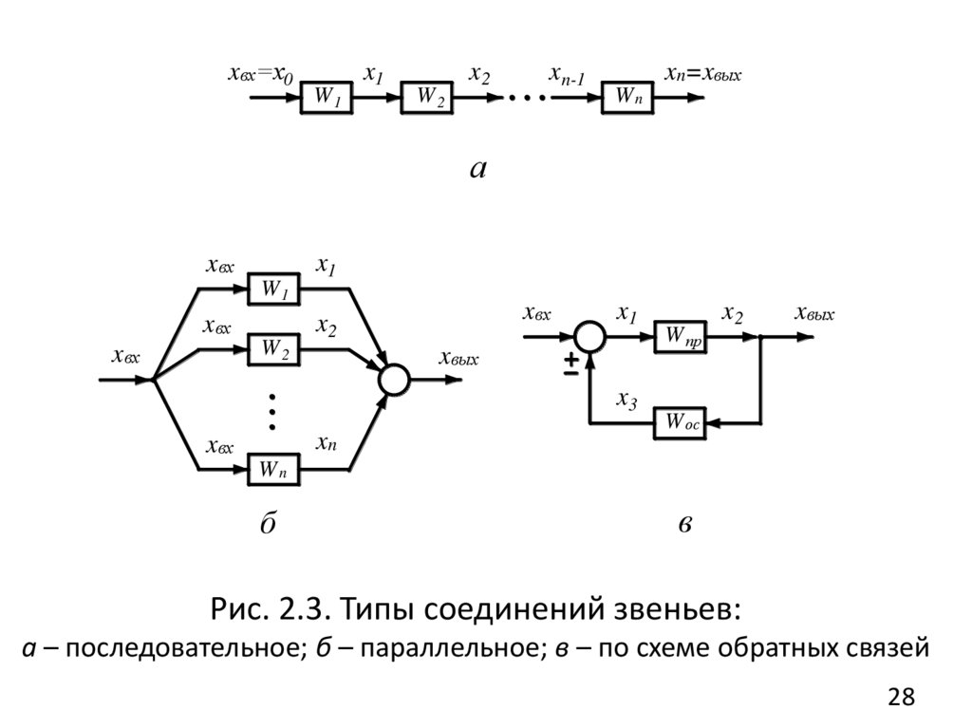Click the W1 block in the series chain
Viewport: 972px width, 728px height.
click(x=327, y=98)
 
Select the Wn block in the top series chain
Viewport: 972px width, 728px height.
click(x=627, y=98)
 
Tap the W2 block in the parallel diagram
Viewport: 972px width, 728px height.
click(x=273, y=349)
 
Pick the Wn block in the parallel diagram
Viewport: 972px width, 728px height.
click(x=273, y=468)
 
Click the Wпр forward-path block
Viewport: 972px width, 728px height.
click(x=681, y=336)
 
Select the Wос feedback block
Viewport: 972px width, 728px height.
click(x=681, y=422)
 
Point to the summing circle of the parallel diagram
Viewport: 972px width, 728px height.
click(x=394, y=380)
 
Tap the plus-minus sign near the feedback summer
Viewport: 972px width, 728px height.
click(x=570, y=366)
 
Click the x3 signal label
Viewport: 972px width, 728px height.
click(x=626, y=399)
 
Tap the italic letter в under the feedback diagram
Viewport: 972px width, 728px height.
click(x=684, y=525)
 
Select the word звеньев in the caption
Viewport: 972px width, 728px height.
click(x=673, y=607)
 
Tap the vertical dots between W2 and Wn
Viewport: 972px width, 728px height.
click(x=272, y=406)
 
